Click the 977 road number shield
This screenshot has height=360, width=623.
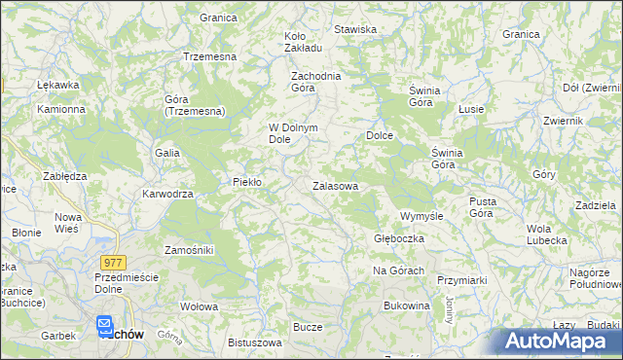[113, 262]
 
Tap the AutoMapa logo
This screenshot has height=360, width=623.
[561, 342]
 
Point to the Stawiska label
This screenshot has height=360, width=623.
[355, 29]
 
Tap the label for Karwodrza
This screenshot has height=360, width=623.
[168, 194]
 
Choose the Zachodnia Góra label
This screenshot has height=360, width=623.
[314, 81]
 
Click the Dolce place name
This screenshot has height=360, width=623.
[379, 135]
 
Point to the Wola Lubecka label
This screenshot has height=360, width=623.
[546, 234]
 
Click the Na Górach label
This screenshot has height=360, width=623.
[398, 270]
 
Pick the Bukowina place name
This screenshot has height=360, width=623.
[407, 306]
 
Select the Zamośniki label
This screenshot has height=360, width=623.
[189, 250]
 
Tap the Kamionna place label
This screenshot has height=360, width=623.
[61, 109]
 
